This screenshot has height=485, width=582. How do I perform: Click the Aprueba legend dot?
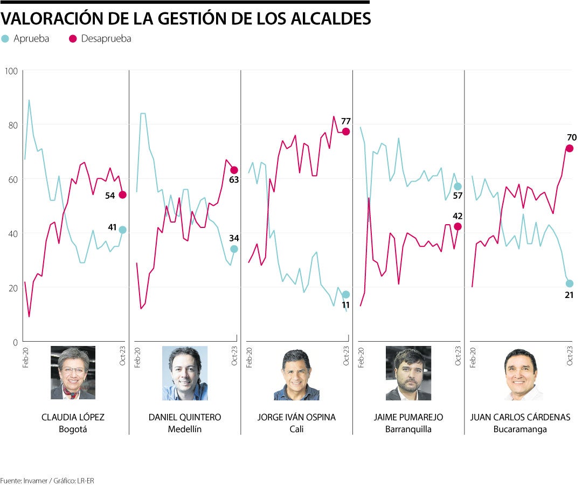tap(5, 39)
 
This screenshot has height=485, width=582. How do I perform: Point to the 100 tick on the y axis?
tap(11, 71)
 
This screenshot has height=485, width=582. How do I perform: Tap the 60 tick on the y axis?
tap(11, 179)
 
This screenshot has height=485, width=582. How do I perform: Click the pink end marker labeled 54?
tap(122, 195)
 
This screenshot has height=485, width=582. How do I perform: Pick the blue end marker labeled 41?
tap(122, 230)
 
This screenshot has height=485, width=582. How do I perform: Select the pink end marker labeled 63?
tap(234, 170)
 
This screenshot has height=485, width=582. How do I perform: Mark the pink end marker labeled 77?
tap(346, 131)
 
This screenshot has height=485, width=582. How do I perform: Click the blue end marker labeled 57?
tap(458, 186)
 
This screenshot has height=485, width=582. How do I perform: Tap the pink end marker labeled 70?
tap(569, 148)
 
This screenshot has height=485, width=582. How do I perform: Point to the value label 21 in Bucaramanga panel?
tap(569, 295)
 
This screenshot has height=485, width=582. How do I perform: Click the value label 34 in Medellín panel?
tap(234, 238)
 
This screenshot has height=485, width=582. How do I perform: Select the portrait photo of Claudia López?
tap(73, 373)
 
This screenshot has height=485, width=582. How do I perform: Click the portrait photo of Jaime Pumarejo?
tap(408, 373)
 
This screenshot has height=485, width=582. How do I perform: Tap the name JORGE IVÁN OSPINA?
tap(296, 418)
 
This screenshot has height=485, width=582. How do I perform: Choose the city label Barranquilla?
tap(408, 429)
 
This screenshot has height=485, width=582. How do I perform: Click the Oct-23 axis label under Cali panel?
tap(346, 356)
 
